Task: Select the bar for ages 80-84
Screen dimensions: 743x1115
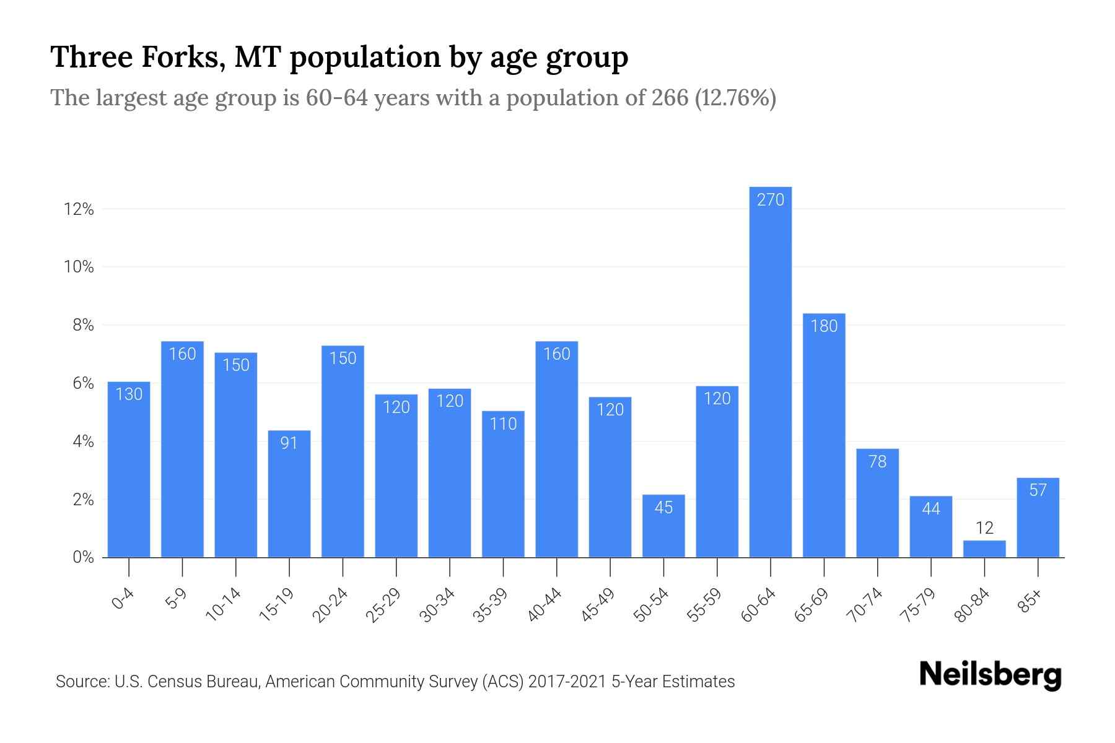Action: pos(984,549)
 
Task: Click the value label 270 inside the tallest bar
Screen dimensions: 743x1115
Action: pos(771,200)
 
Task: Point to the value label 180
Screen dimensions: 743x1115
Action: pos(824,326)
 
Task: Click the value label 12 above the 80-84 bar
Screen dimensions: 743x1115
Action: pos(984,528)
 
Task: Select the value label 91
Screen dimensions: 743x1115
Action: pos(289,443)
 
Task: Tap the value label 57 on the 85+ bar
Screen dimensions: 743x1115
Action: pos(1038,490)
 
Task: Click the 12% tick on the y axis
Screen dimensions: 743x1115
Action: pos(79,209)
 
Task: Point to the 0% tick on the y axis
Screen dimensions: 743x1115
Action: pos(83,557)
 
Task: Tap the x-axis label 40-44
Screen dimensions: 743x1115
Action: pos(544,605)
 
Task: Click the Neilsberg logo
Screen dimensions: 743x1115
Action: pos(990,675)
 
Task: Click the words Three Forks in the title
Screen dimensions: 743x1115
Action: pos(135,57)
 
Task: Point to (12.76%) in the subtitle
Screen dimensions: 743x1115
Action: pos(735,98)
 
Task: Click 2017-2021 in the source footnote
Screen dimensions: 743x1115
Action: pos(567,682)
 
